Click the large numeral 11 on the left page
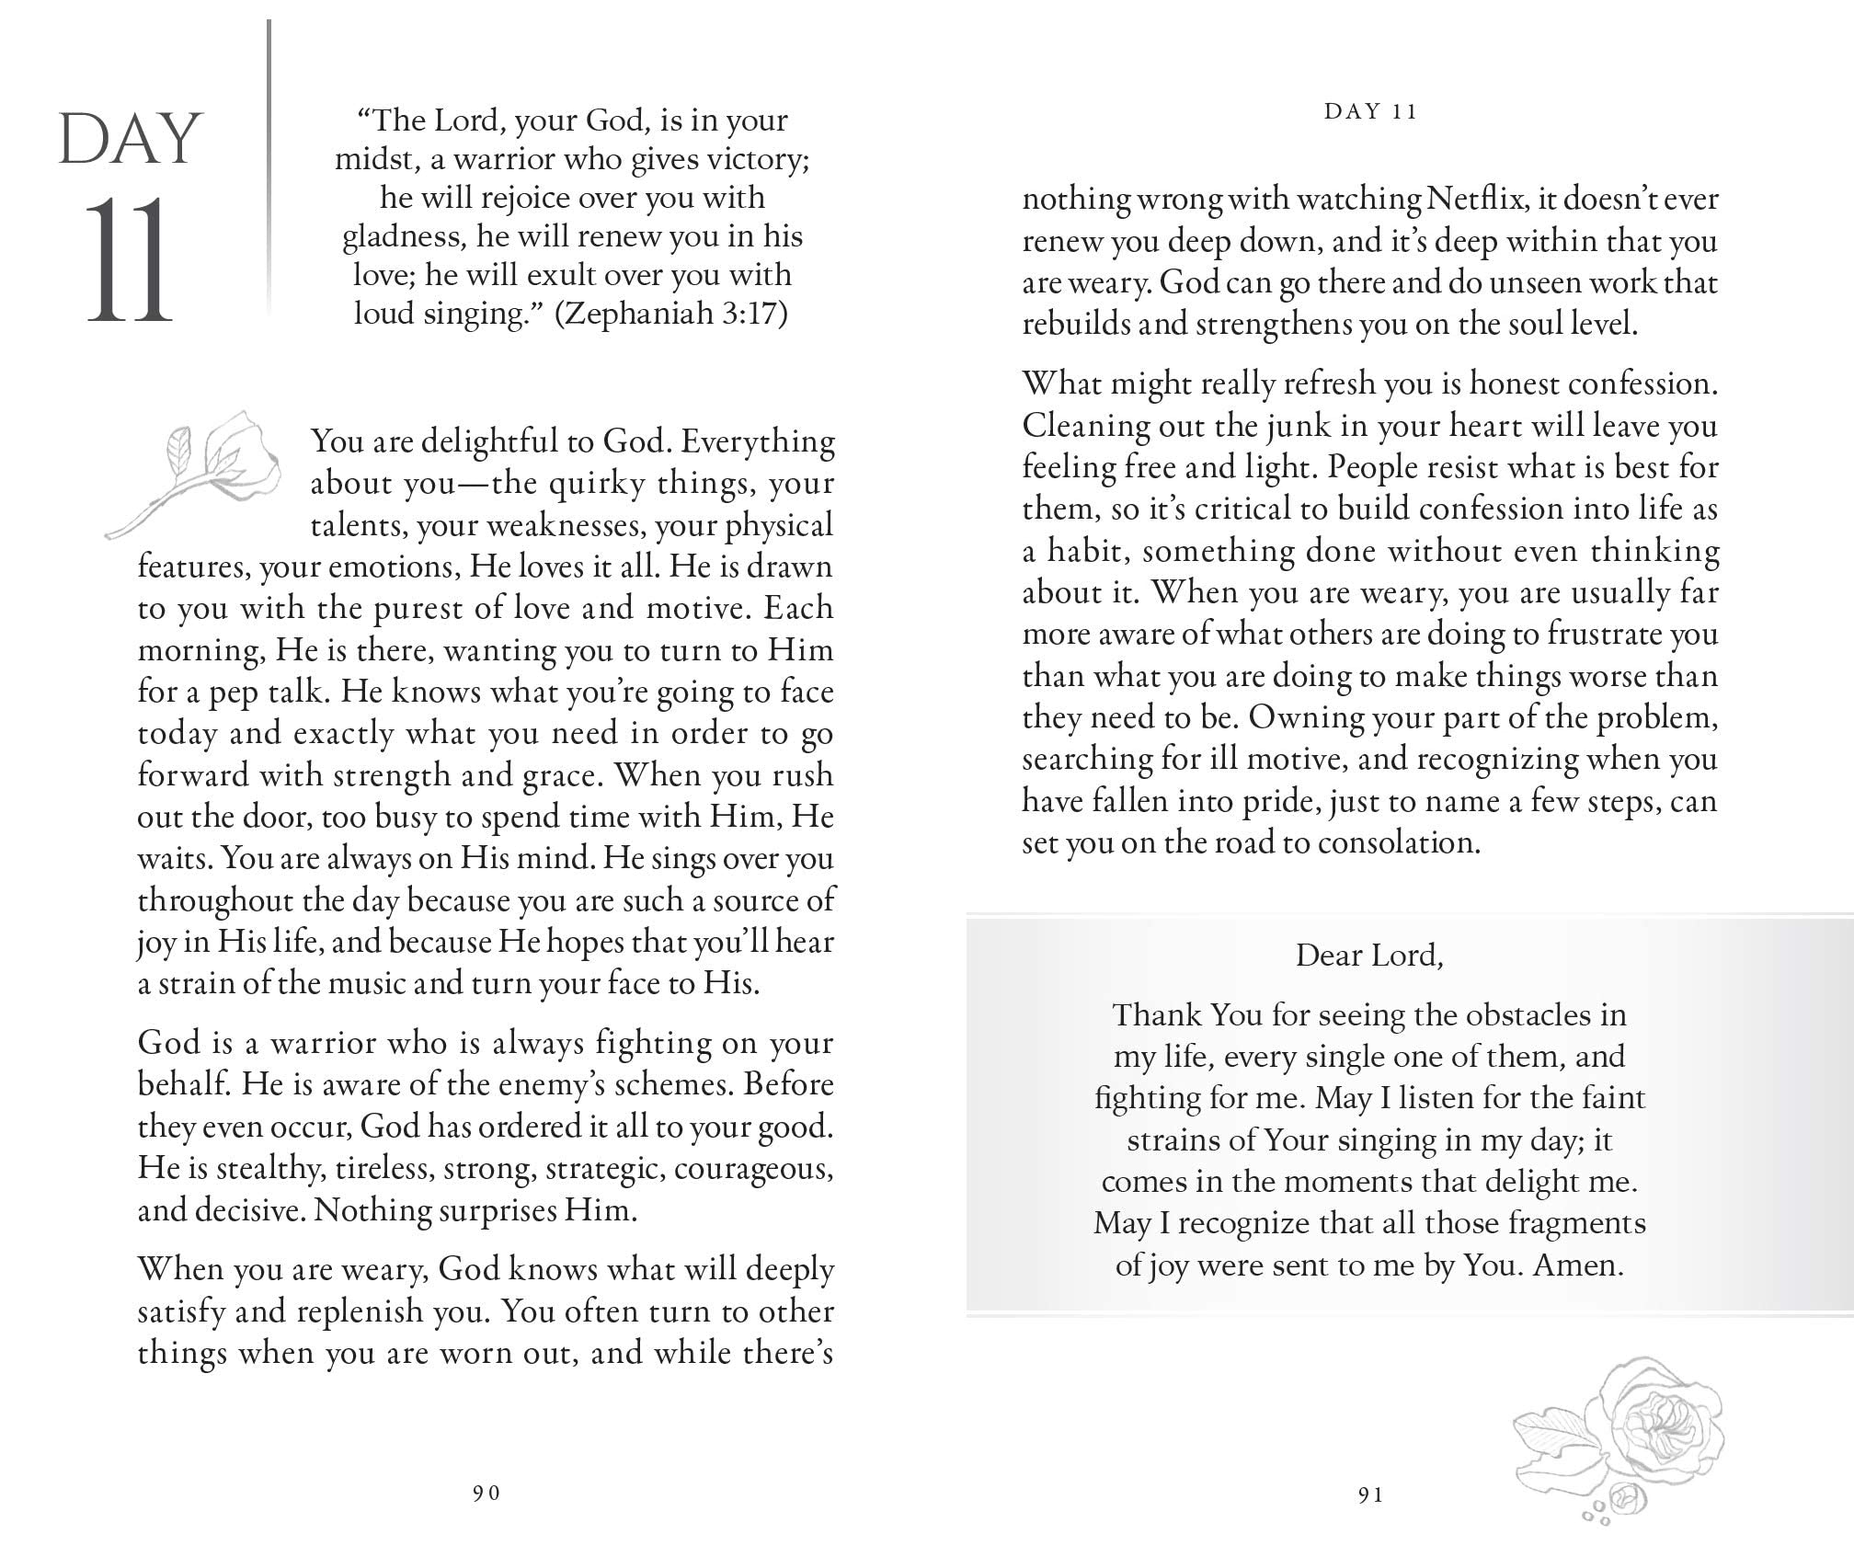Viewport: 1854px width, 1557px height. [x=129, y=260]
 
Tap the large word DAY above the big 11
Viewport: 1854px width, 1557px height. [x=130, y=140]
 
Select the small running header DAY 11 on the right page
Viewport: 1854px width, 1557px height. [x=1370, y=112]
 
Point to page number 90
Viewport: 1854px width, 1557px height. [x=486, y=1494]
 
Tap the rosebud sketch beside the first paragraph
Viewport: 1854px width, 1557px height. [x=198, y=469]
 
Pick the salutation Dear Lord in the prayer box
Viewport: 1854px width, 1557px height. [x=1369, y=956]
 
